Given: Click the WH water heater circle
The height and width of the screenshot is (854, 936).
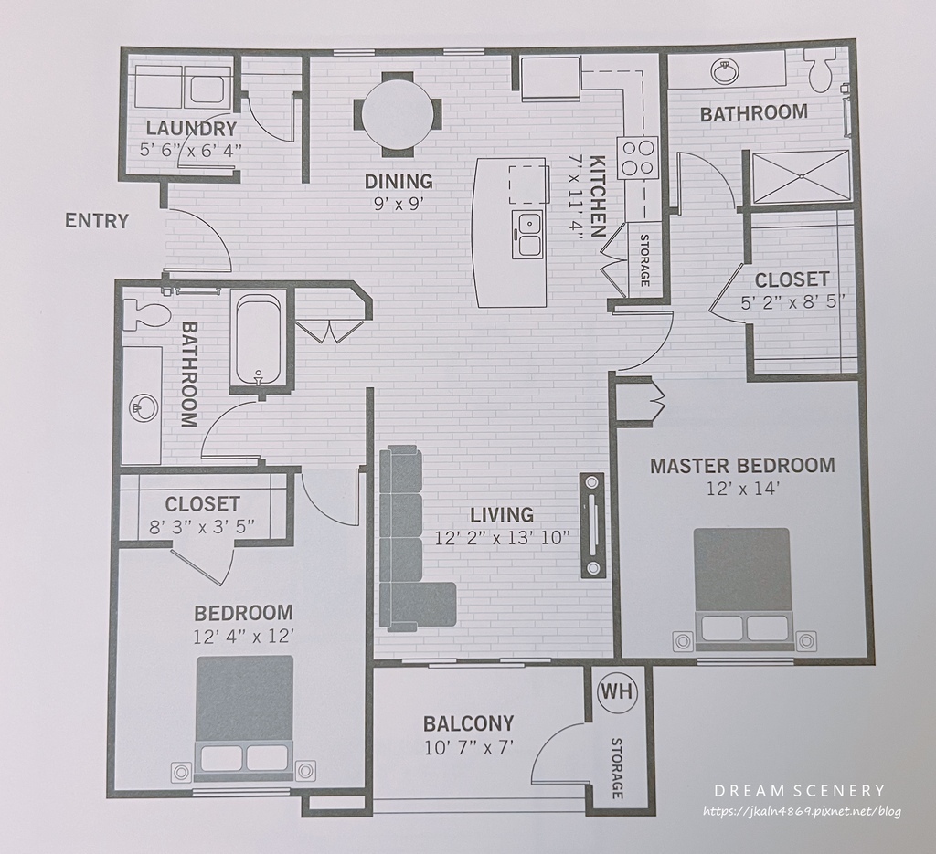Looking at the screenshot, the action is click(618, 692).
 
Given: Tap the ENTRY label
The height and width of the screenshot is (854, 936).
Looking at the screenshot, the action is click(97, 221).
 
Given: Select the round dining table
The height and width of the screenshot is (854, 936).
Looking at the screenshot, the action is click(398, 114).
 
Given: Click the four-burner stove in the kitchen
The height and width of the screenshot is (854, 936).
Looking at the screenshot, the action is click(637, 157).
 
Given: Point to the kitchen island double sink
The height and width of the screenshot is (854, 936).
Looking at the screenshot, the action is click(527, 235).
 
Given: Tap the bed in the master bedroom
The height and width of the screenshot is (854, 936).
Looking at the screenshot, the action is click(741, 589).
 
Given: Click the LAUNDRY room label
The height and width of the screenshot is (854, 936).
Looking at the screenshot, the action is click(191, 128).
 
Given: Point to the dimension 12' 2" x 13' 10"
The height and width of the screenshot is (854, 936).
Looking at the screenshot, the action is click(502, 538).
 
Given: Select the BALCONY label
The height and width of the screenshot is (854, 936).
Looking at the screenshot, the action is click(469, 723).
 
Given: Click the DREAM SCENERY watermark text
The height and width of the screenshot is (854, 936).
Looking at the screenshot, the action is click(799, 791).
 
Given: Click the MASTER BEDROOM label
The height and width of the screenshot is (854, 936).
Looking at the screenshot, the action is click(742, 465).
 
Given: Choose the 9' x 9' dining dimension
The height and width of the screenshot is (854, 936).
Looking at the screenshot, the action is click(399, 204).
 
